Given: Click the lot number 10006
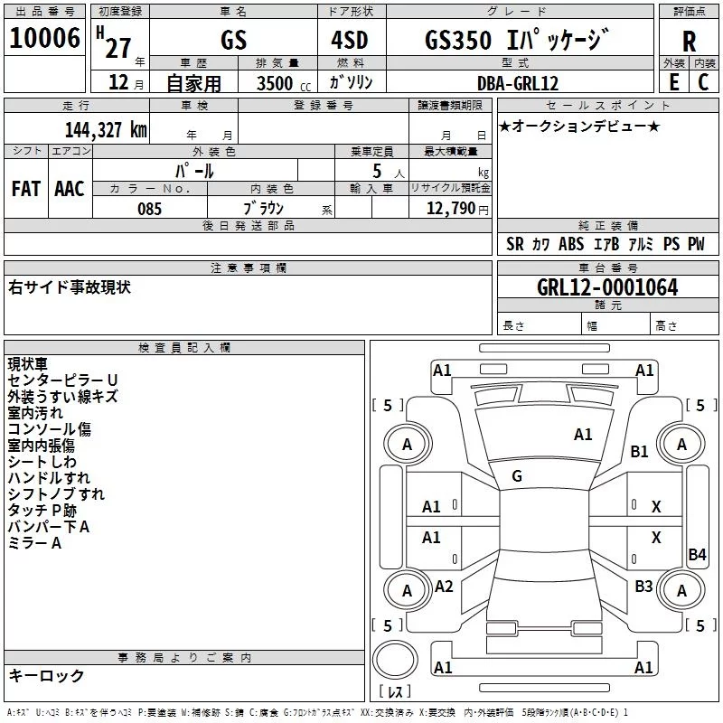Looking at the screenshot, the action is [x=44, y=38].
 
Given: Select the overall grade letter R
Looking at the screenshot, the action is [x=689, y=42].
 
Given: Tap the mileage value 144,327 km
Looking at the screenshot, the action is [x=106, y=130].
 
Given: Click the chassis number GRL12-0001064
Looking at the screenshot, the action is [x=607, y=287].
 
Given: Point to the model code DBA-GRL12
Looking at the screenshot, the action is [x=518, y=83].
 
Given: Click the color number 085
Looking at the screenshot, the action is [x=149, y=209].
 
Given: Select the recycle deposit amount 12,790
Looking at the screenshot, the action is [x=451, y=209].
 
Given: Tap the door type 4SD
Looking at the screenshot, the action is [x=350, y=40].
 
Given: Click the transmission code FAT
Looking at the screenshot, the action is [x=26, y=189].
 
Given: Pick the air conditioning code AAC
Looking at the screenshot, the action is [x=70, y=189].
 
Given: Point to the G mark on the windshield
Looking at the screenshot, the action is [x=517, y=476].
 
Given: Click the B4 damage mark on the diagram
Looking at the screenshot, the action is [x=697, y=554].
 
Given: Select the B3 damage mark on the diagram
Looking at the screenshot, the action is [x=643, y=586].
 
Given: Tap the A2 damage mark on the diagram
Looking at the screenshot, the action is [x=444, y=586].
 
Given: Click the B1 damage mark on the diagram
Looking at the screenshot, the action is [x=639, y=451].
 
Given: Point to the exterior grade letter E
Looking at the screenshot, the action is [x=674, y=82].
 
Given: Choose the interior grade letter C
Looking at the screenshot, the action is [x=703, y=82].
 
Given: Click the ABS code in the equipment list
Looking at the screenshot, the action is [x=571, y=244].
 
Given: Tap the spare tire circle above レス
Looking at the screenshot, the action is [x=395, y=661].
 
